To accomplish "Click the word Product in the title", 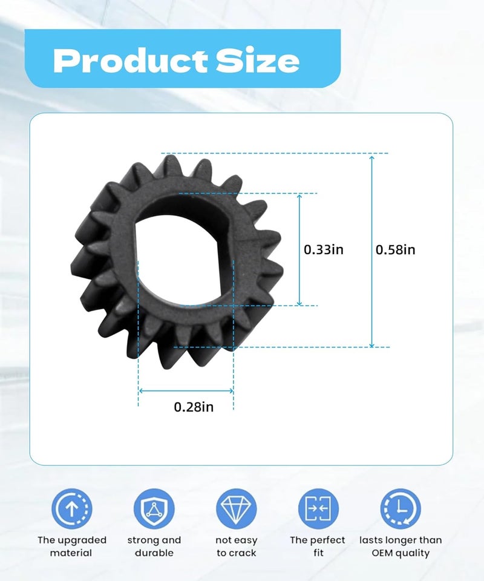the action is [x=130, y=61].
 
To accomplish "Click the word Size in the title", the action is [x=258, y=61].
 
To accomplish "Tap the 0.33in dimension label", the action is [x=324, y=250].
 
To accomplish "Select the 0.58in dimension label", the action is [x=396, y=250].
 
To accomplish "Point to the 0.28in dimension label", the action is [x=194, y=407].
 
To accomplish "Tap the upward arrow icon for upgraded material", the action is [x=72, y=509].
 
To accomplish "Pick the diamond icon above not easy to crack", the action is [x=237, y=509].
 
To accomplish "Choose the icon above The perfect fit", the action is [x=318, y=509].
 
